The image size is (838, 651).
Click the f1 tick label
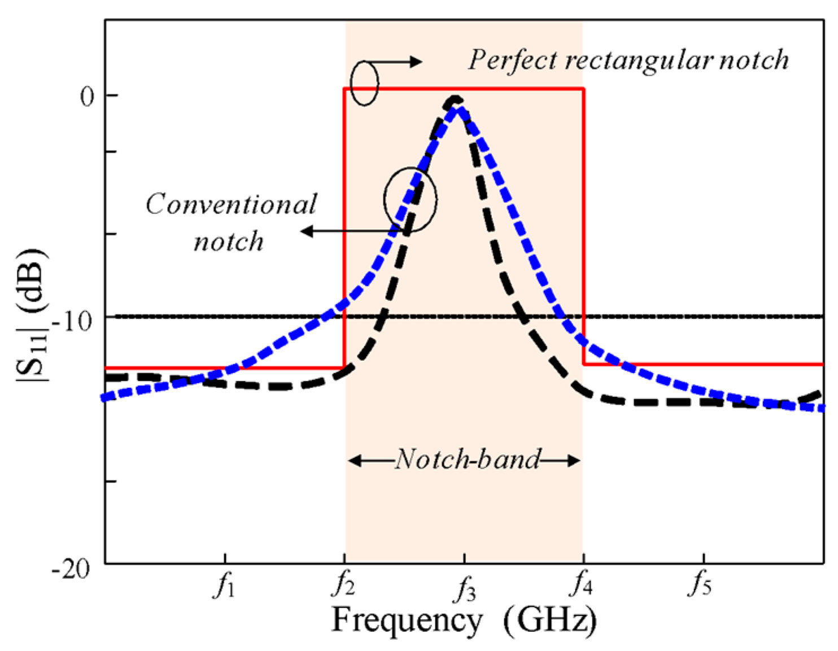pos(225,586)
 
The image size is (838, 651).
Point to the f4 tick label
pos(582,586)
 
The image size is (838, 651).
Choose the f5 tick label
pos(700,586)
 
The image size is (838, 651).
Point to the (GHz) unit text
pos(550,621)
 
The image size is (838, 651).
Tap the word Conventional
pos(232,204)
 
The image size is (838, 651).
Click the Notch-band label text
pos(468,460)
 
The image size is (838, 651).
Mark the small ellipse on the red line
pos(364,84)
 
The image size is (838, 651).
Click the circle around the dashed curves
pos(411,199)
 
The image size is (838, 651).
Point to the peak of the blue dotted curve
pos(459,107)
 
